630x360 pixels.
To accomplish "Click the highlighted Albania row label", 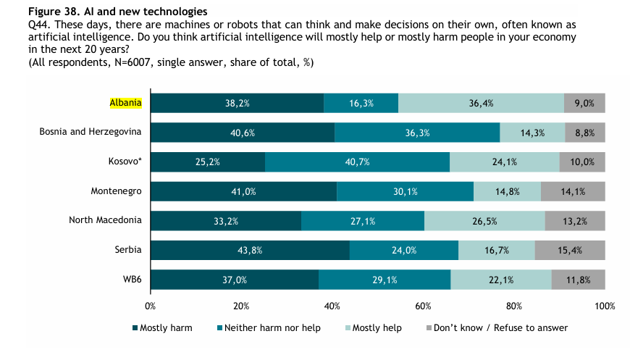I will pos(125,103).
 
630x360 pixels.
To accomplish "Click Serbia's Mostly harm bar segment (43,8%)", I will pos(250,250).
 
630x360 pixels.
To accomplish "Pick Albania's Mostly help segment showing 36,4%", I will pos(481,104).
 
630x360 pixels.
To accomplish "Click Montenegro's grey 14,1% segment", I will pos(572,191).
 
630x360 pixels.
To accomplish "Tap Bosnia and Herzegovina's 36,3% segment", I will pos(417,133).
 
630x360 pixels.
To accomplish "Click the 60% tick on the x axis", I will pos(424,306).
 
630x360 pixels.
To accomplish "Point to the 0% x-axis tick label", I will pos(151,306).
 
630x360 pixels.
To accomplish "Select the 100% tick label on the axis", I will pos(605,306).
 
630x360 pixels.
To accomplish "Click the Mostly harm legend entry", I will pos(166,328).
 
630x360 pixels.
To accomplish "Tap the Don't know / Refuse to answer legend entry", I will pos(500,328).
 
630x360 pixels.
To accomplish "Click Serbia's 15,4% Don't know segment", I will pos(569,250).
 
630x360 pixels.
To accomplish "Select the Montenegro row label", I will pos(116,191).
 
